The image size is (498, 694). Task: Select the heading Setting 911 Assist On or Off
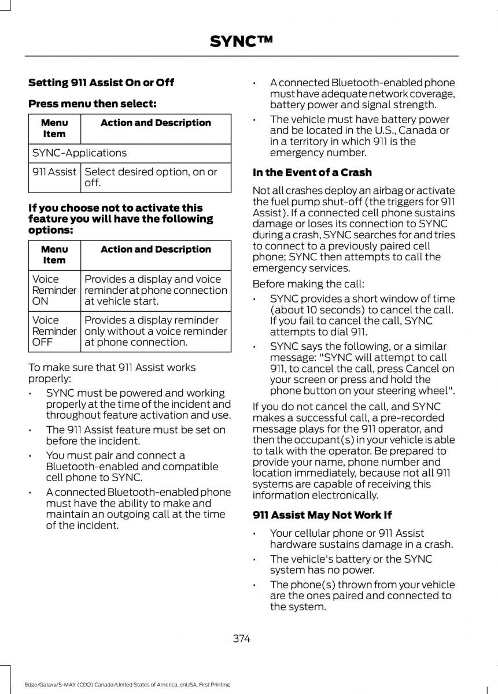pyautogui.click(x=101, y=83)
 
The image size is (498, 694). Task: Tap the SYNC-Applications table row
pyautogui.click(x=129, y=153)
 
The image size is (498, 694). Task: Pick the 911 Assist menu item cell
pyautogui.click(x=54, y=172)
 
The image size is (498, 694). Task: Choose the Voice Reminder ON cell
pyautogui.click(x=54, y=290)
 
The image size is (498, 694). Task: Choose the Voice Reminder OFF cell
pyautogui.click(x=54, y=331)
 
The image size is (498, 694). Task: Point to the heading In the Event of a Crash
pyautogui.click(x=312, y=172)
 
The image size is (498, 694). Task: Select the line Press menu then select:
pyautogui.click(x=93, y=104)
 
